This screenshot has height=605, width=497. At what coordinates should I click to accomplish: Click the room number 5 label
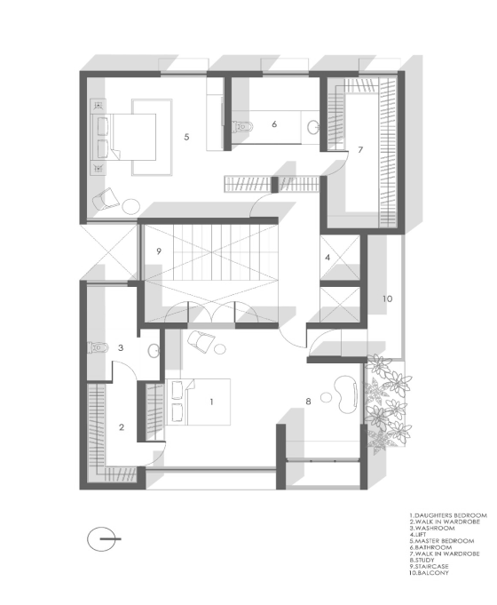186,137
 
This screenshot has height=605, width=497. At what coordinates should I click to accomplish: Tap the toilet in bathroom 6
242,126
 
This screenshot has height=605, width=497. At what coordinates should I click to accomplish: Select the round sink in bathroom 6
313,127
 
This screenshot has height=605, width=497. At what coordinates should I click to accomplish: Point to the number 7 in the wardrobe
360,149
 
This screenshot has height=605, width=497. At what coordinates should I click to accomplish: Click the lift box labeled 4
340,258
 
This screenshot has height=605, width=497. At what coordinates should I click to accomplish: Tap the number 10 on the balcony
387,299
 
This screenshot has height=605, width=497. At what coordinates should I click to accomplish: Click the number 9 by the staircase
159,251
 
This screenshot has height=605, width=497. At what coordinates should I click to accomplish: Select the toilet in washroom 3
98,347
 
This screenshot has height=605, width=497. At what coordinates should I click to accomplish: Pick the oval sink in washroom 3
154,351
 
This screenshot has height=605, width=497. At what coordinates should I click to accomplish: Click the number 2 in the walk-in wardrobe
122,427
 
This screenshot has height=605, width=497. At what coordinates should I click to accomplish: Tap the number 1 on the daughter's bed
211,402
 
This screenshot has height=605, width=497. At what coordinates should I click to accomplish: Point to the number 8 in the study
308,402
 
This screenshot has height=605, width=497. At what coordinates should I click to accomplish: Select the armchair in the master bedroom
106,200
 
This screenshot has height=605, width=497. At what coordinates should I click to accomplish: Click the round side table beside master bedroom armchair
131,205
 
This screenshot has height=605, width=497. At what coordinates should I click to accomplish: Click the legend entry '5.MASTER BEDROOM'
442,541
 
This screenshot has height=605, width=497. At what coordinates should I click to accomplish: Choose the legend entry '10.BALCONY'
429,573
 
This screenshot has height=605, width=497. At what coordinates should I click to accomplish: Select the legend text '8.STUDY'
422,560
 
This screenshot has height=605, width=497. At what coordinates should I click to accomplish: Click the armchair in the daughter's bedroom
201,341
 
